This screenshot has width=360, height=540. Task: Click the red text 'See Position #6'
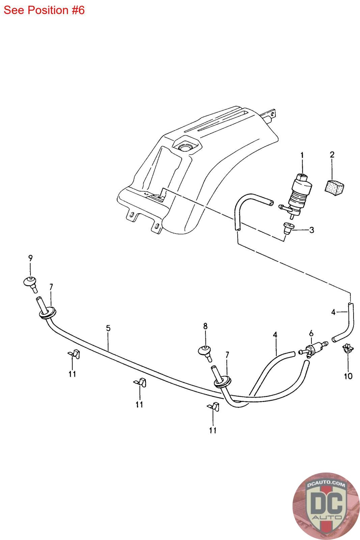tap(44, 10)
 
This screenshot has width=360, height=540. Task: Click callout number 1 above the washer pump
tap(302, 156)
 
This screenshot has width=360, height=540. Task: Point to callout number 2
tap(332, 155)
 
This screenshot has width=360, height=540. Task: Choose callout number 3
tap(311, 230)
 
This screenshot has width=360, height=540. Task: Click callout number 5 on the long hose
tap(108, 328)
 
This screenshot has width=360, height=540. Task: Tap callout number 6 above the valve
tap(311, 333)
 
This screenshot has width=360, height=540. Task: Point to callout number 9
tap(30, 259)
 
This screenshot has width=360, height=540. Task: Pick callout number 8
tap(205, 326)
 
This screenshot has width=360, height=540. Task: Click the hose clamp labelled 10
tap(347, 348)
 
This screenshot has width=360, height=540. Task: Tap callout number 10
tap(348, 376)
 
